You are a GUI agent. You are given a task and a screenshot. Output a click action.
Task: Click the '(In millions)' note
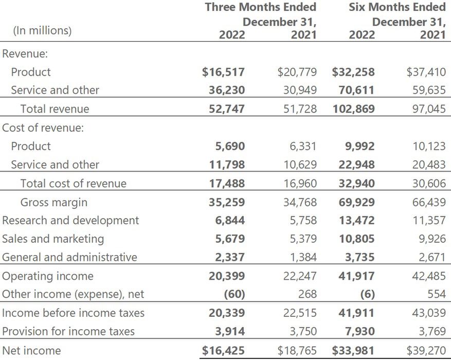(42, 30)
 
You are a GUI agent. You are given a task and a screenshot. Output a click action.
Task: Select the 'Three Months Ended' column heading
(260, 7)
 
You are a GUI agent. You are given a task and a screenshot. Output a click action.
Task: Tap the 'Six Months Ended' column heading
(397, 7)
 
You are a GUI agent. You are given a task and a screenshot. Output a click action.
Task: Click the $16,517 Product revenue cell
(224, 72)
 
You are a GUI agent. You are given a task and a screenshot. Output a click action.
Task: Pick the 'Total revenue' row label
(55, 109)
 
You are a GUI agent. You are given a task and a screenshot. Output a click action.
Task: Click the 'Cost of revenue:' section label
(43, 128)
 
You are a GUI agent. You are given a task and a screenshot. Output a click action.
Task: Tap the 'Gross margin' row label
(53, 202)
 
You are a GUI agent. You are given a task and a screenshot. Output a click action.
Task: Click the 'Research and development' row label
(70, 221)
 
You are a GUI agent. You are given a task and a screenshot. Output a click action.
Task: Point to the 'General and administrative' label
(70, 257)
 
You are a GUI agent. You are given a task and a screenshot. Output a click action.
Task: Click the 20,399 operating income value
(226, 276)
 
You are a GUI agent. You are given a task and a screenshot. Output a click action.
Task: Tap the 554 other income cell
(436, 295)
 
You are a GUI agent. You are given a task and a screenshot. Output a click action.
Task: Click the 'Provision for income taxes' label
(68, 332)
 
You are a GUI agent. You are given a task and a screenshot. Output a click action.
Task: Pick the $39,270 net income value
(426, 351)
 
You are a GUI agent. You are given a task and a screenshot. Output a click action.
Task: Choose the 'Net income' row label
(31, 351)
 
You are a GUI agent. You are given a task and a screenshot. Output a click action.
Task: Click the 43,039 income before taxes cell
(429, 313)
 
